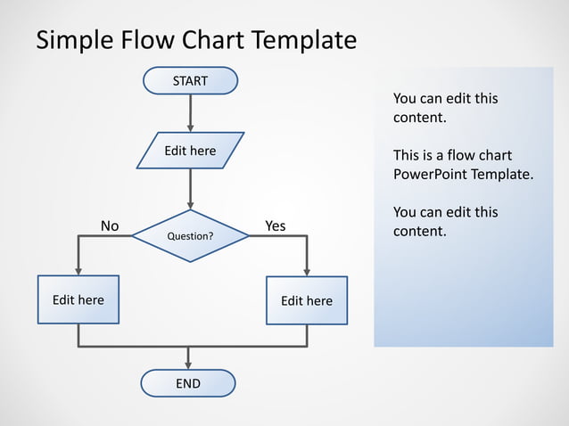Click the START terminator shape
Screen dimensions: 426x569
[x=190, y=81]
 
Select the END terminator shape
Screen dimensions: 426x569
[x=188, y=383]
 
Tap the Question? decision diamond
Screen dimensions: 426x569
[x=190, y=236]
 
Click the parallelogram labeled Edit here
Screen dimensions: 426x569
[x=190, y=151]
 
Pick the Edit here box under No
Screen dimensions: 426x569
[x=78, y=299]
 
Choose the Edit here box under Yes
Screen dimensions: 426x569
[x=307, y=300]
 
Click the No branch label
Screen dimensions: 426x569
[x=110, y=225]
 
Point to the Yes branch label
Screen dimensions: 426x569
[x=276, y=225]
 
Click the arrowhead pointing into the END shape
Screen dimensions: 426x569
[x=188, y=364]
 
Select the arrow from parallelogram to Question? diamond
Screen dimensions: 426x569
[x=190, y=189]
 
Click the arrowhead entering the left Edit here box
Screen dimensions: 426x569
[x=78, y=270]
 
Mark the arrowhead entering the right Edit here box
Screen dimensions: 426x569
[x=307, y=271]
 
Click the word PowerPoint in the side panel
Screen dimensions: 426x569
[x=431, y=174]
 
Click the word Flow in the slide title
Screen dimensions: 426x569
[x=148, y=41]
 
